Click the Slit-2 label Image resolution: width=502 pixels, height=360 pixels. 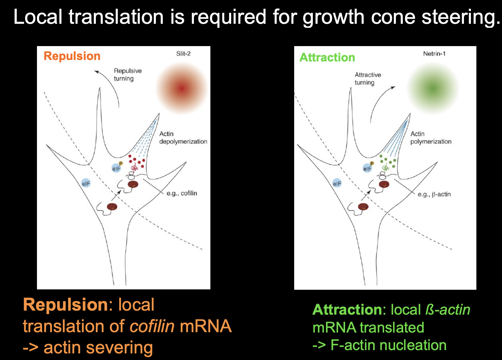point(183,54)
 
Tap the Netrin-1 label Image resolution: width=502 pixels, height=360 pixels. point(434,54)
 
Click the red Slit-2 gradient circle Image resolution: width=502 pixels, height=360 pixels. point(182,88)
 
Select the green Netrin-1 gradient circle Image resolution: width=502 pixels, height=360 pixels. point(433,88)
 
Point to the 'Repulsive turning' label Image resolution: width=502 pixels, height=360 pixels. point(127,75)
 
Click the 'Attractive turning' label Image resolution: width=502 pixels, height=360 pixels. point(367,79)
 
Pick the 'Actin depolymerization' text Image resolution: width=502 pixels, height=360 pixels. point(183,138)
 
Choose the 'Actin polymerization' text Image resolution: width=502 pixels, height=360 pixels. point(431,138)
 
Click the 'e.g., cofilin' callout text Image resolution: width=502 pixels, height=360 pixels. point(182,193)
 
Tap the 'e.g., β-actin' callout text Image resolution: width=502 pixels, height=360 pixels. point(434,194)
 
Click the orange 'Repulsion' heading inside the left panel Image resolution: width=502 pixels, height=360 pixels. point(72,56)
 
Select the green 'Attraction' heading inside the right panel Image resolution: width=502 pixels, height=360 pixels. point(327,57)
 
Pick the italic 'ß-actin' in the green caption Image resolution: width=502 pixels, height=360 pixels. point(447,310)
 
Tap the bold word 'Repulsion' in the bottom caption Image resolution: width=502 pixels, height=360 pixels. point(65,305)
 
